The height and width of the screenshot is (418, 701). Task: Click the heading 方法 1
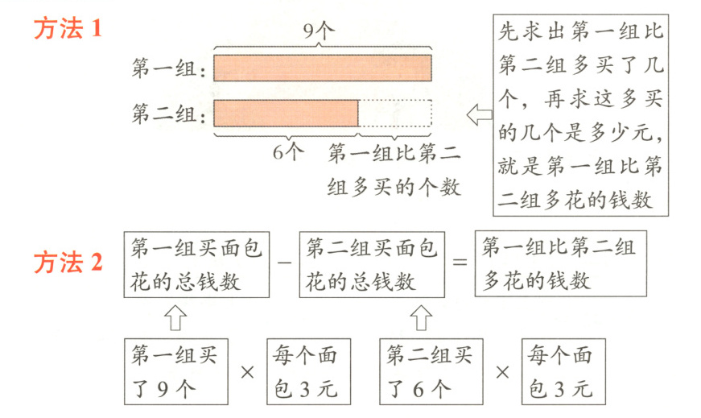(68, 31)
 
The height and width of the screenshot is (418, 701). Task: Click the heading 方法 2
(68, 263)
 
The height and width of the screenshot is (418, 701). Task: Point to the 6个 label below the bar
(287, 151)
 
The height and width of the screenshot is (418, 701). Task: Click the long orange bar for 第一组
(323, 68)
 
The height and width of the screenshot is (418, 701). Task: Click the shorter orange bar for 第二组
(286, 113)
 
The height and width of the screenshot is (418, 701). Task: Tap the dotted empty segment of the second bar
(395, 113)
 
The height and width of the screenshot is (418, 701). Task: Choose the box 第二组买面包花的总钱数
(371, 265)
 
